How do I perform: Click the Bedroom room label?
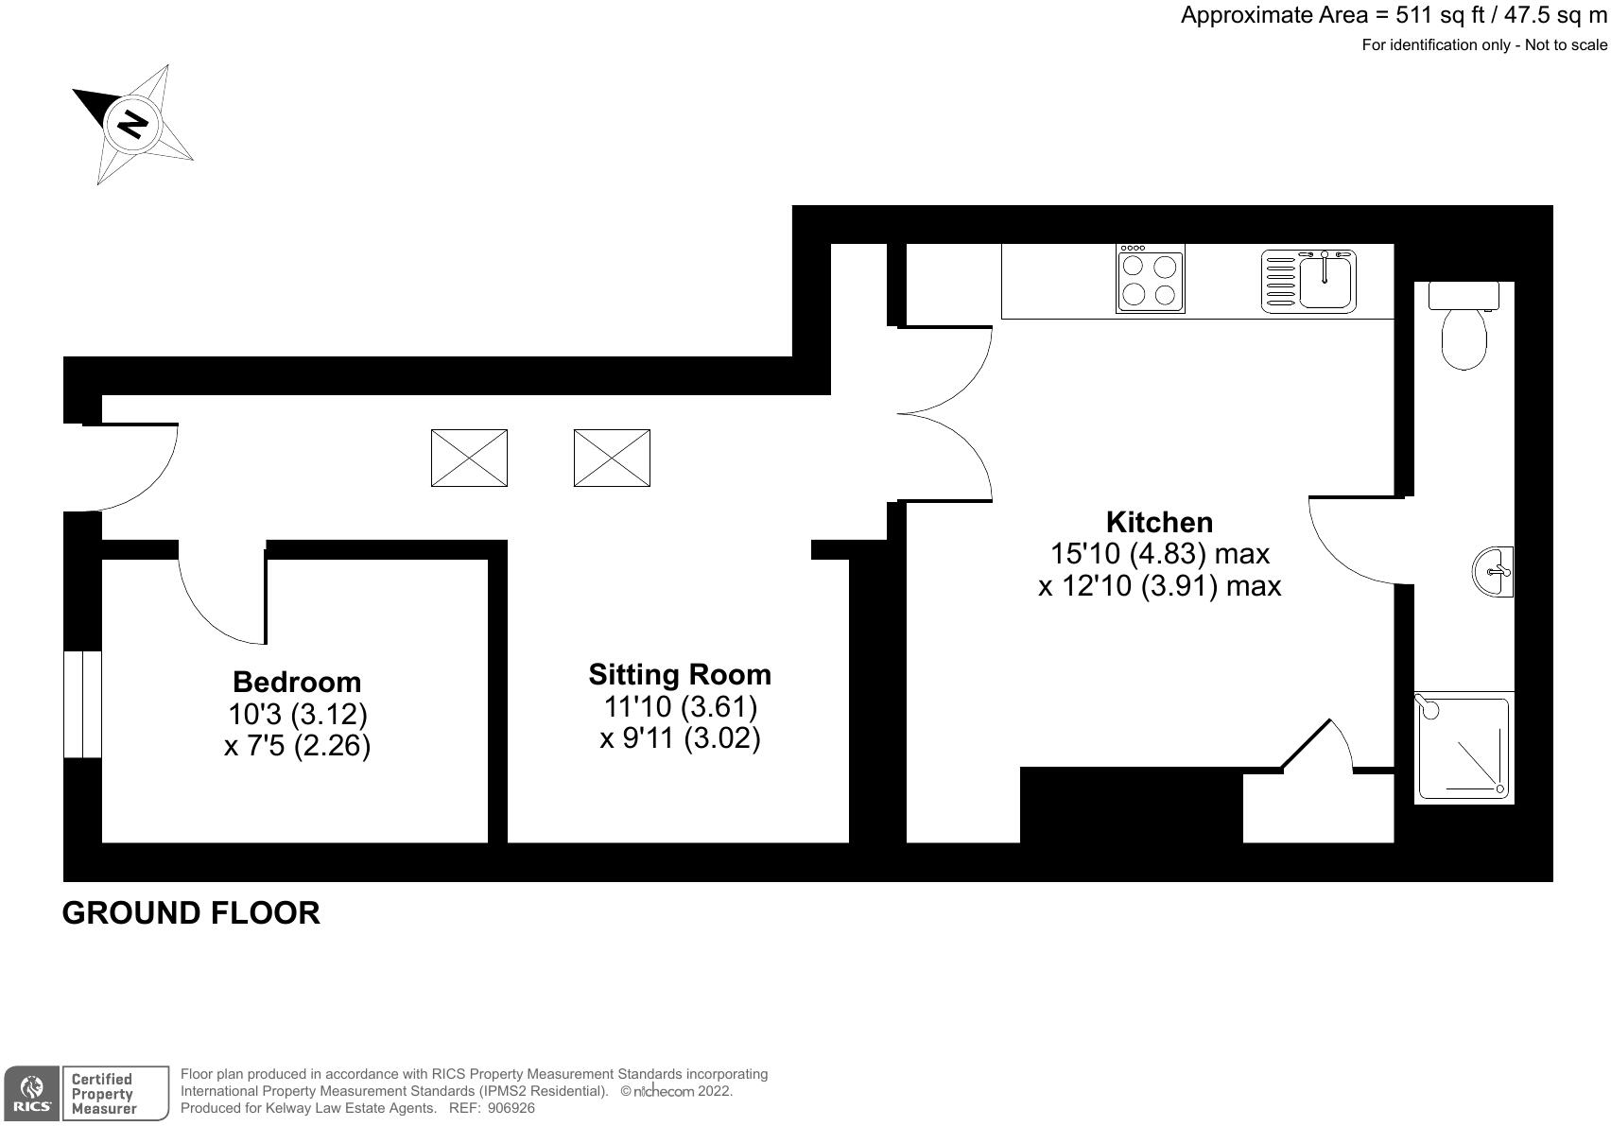pyautogui.click(x=297, y=682)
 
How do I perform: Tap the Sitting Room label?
pyautogui.click(x=679, y=674)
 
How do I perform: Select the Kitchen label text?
pyautogui.click(x=1159, y=522)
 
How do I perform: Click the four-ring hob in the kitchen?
pyautogui.click(x=1151, y=279)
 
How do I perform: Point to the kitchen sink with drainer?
pyautogui.click(x=1308, y=281)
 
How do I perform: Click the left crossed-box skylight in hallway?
pyautogui.click(x=469, y=458)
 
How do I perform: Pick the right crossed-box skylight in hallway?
pyautogui.click(x=612, y=458)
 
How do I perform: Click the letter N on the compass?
pyautogui.click(x=133, y=124)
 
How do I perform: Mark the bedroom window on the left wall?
pyautogui.click(x=82, y=703)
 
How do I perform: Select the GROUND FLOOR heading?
pyautogui.click(x=191, y=912)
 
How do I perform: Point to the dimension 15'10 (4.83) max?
pyautogui.click(x=1159, y=553)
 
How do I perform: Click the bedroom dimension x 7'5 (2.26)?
pyautogui.click(x=297, y=746)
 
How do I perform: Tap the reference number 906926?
pyautogui.click(x=511, y=1108)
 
